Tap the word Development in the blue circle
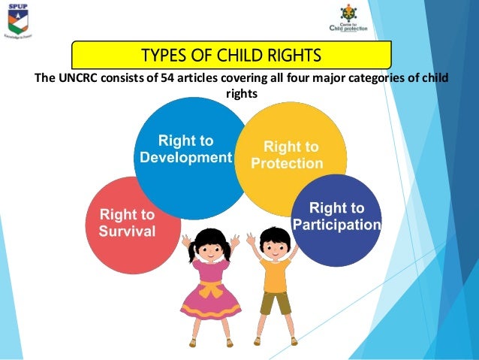[186, 158]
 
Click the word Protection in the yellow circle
[288, 163]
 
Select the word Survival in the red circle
[128, 231]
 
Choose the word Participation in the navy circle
[337, 225]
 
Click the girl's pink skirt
[210, 304]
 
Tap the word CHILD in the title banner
[236, 56]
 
